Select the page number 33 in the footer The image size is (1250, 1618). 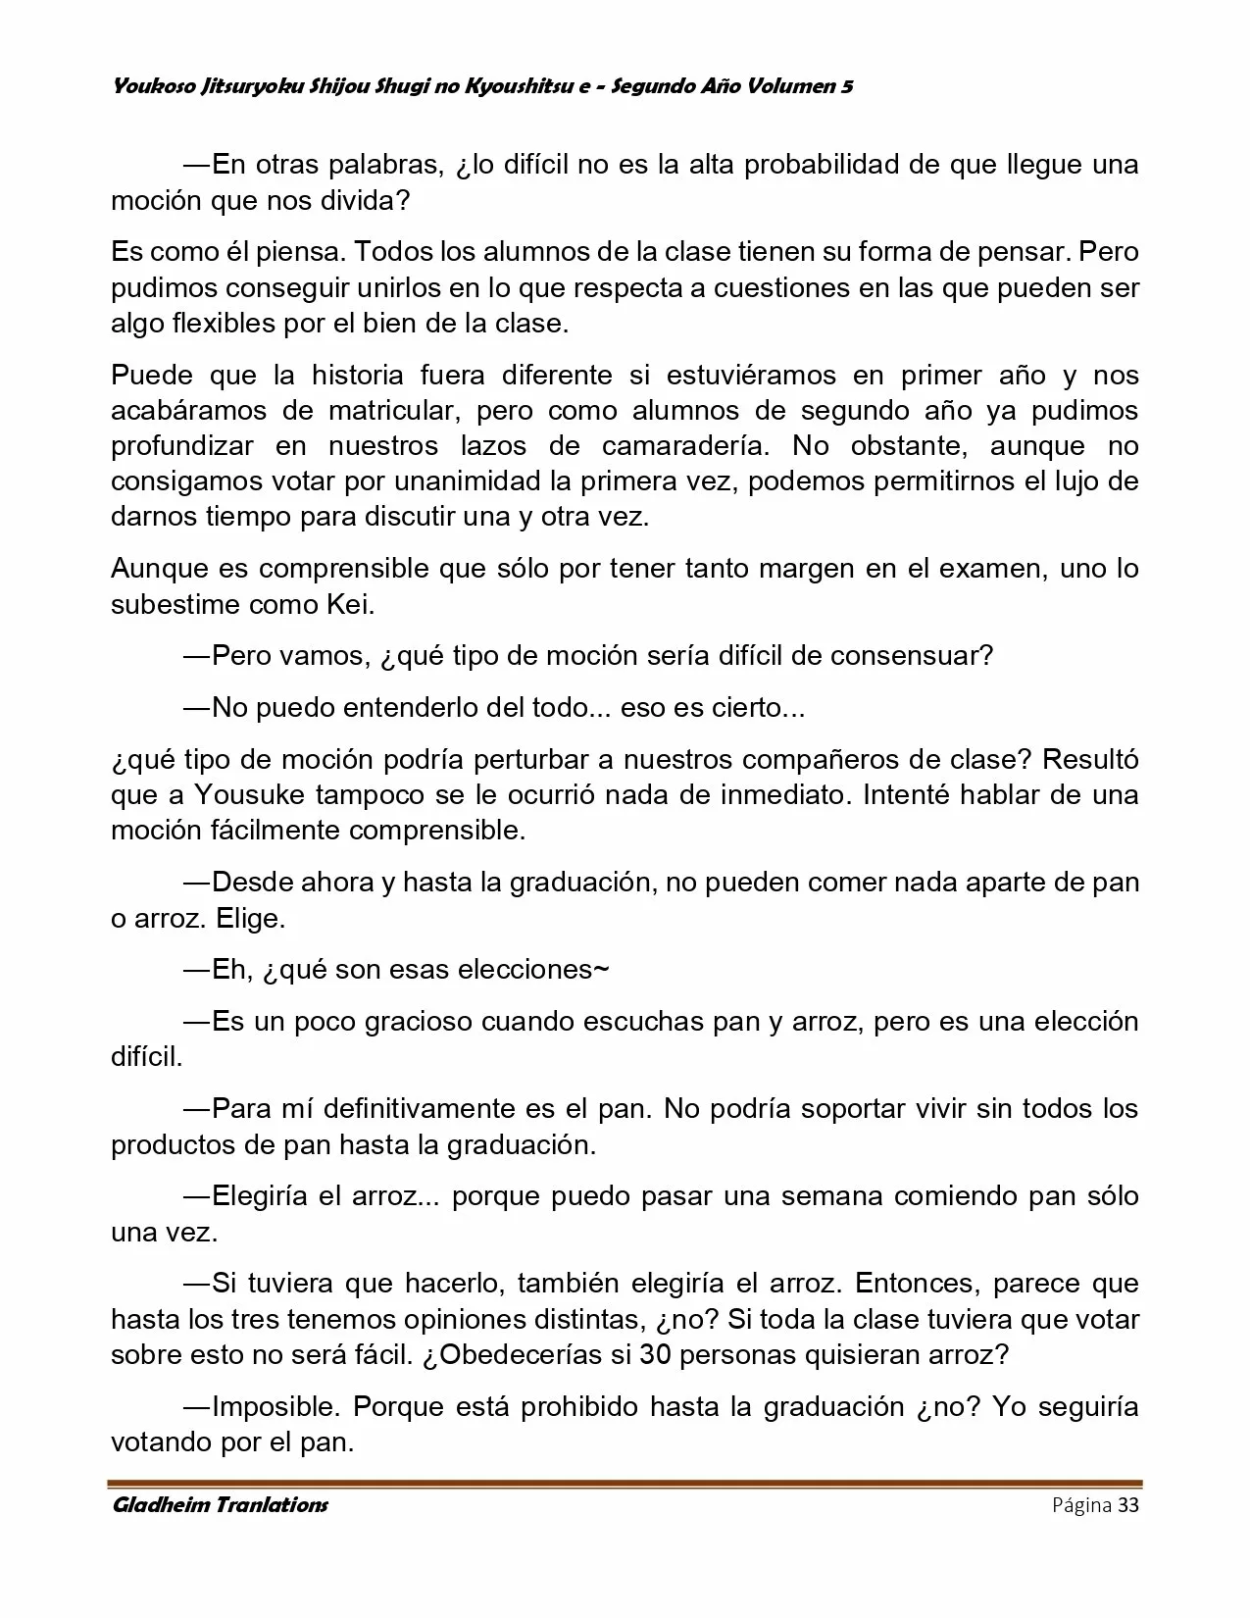1127,1505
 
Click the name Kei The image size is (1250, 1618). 348,604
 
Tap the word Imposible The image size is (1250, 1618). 275,1407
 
